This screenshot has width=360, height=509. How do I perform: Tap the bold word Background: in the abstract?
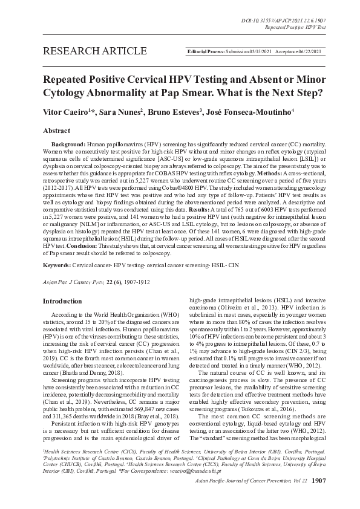pyautogui.click(x=67, y=145)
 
